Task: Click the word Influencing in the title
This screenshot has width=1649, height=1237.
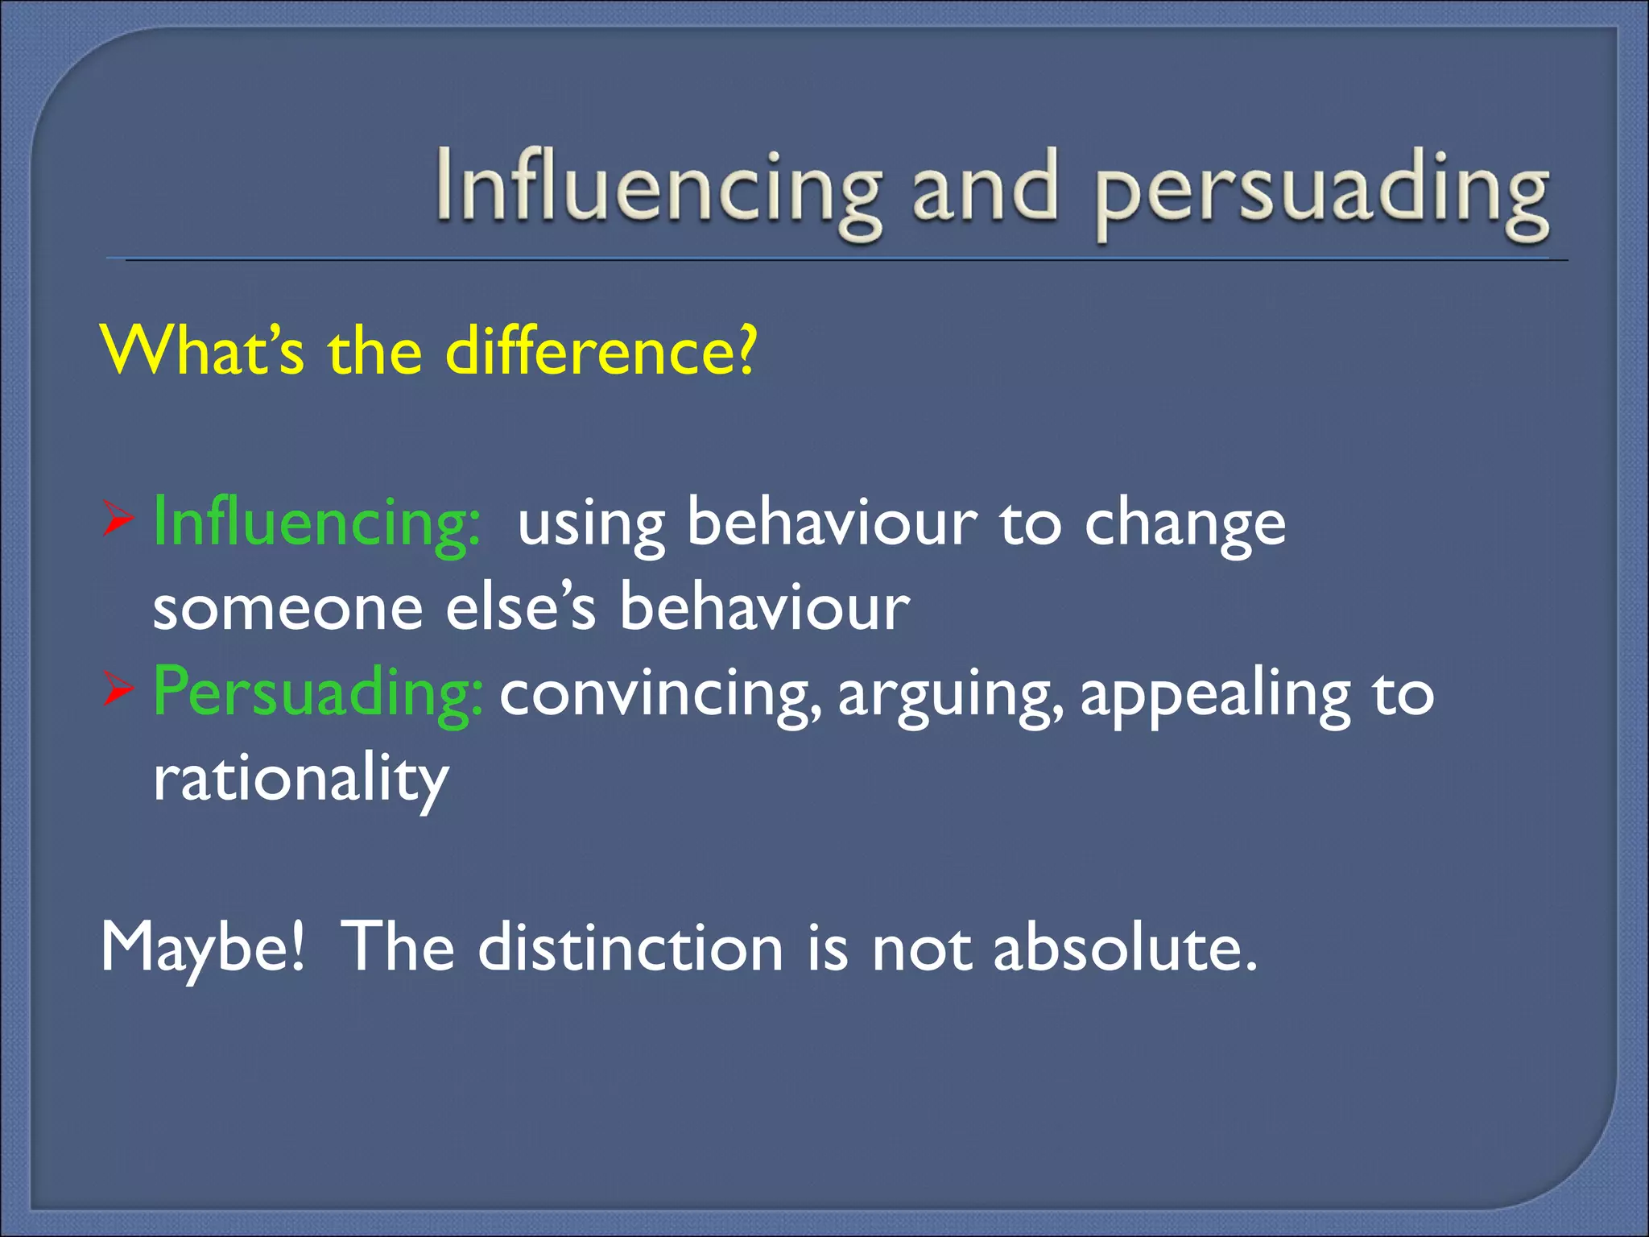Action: point(656,189)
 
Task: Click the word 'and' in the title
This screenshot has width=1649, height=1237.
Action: point(984,189)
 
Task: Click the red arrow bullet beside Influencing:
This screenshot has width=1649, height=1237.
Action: point(118,522)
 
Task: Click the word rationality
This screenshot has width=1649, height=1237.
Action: point(300,780)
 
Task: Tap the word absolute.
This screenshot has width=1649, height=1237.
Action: point(1124,947)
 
